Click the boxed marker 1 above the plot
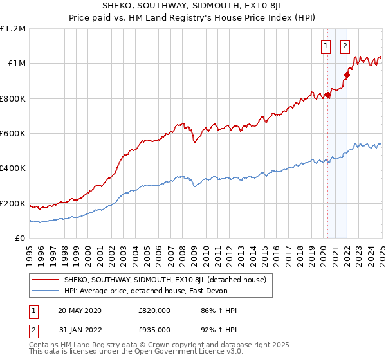[x=326, y=46]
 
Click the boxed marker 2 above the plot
[x=345, y=46]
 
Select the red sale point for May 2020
[x=327, y=96]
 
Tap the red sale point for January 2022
[x=347, y=75]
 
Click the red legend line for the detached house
[x=45, y=280]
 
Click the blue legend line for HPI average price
[x=45, y=291]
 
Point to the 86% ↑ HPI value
[x=219, y=310]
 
